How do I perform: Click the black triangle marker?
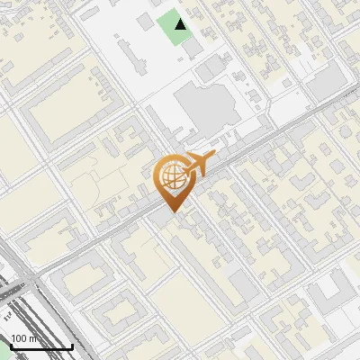point(182,24)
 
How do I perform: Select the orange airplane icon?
point(196,164)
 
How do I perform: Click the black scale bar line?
point(40,347)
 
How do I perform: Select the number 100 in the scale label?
point(19,338)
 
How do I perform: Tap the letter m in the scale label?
point(32,339)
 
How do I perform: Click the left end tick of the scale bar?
point(10,346)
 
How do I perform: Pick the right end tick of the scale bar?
point(72,346)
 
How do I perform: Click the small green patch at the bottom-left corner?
point(4,354)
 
